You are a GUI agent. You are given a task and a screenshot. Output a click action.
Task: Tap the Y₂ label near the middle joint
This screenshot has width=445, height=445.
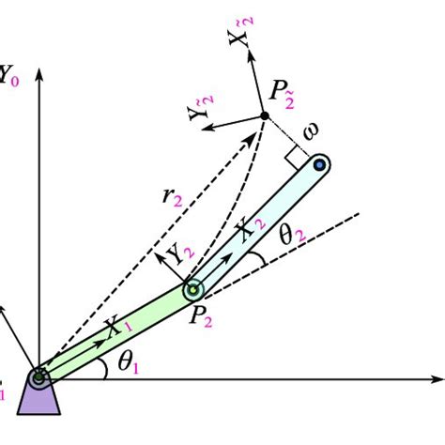(x=177, y=253)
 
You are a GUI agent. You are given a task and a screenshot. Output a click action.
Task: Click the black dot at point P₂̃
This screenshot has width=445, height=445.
(x=265, y=116)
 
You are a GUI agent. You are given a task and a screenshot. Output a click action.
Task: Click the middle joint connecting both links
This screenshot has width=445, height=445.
(x=193, y=287)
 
